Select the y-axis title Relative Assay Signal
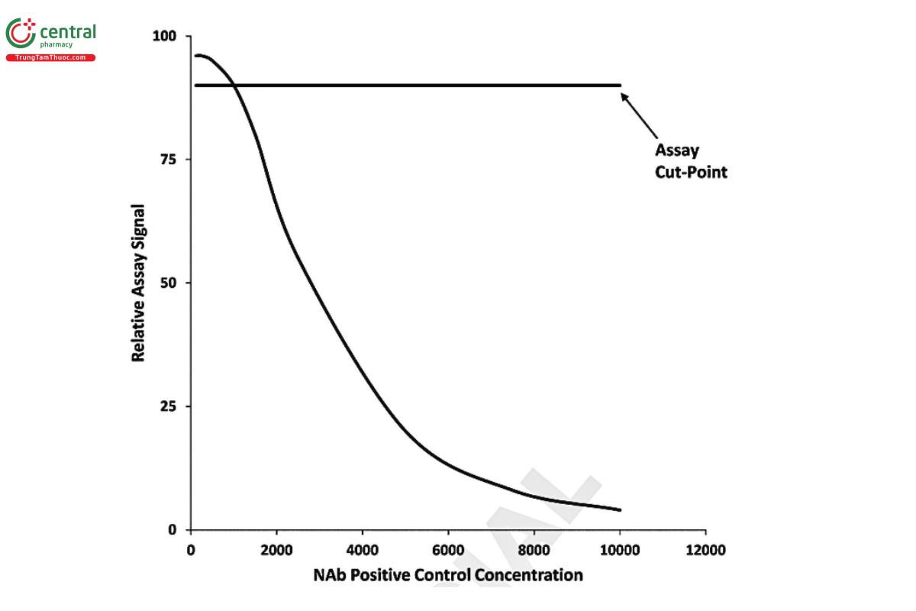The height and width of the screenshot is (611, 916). pyautogui.click(x=139, y=283)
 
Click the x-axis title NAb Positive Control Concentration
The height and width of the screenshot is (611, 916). pyautogui.click(x=448, y=575)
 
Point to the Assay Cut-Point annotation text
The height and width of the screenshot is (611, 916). pyautogui.click(x=691, y=161)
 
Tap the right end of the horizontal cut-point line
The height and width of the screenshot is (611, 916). pyautogui.click(x=620, y=85)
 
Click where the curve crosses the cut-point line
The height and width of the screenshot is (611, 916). pyautogui.click(x=234, y=85)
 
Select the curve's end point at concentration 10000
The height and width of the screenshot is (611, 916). pyautogui.click(x=620, y=509)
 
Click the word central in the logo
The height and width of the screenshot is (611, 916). pyautogui.click(x=68, y=32)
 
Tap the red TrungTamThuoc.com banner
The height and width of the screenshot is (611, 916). pyautogui.click(x=50, y=58)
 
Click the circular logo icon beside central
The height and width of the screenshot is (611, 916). pyautogui.click(x=21, y=34)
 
